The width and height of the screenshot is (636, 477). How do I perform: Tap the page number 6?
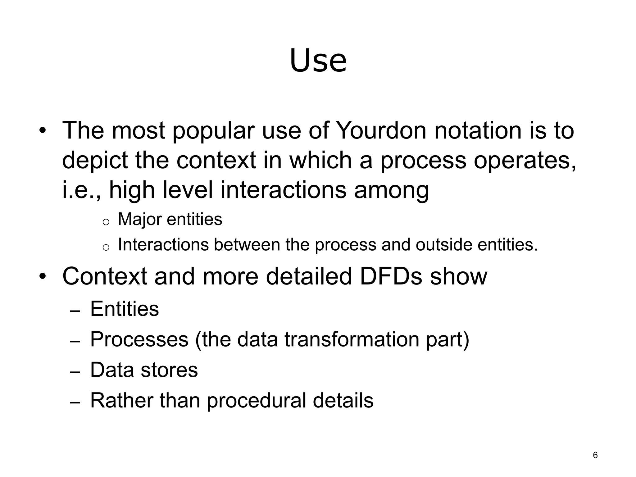[x=595, y=455]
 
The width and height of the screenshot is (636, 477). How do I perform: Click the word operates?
[x=525, y=161]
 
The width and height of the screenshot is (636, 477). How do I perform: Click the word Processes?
[x=139, y=339]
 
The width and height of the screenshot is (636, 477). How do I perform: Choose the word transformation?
[x=352, y=339]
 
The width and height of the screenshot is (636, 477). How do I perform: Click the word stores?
[x=169, y=370]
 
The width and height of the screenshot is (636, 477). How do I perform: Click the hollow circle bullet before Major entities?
[x=106, y=221]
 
